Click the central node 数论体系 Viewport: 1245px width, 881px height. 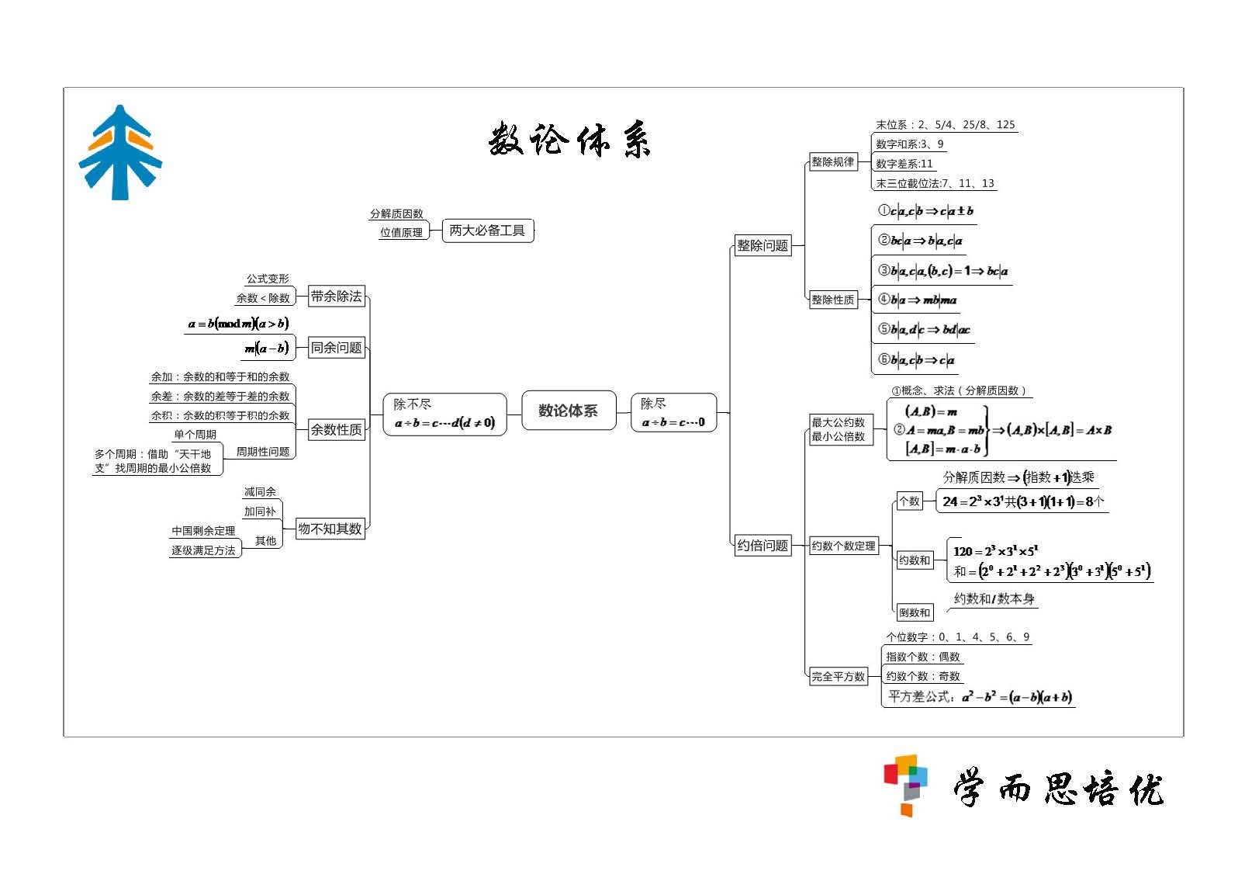pos(569,411)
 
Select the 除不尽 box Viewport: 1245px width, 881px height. pos(444,414)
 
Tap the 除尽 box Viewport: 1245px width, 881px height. pos(673,413)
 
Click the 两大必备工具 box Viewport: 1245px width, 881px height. pos(487,231)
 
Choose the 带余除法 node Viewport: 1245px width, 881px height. pos(336,296)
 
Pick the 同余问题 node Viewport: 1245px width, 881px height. pos(336,348)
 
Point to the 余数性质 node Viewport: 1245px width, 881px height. pos(336,429)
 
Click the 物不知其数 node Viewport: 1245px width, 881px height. pos(330,529)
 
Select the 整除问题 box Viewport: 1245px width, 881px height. pos(763,245)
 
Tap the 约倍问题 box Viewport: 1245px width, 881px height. pos(763,545)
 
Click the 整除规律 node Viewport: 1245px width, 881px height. pos(832,162)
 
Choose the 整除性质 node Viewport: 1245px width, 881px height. pos(832,300)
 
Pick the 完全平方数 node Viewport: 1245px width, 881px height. pos(838,676)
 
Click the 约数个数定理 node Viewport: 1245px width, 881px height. pos(843,546)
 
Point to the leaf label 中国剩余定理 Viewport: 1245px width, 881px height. pos(203,531)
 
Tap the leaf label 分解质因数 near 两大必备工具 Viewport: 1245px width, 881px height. pos(396,213)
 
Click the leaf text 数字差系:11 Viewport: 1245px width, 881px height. pos(904,164)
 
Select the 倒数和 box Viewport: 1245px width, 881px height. pos(914,612)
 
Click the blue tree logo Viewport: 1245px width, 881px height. pos(120,152)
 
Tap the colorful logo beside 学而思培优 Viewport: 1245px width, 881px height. pos(906,784)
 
